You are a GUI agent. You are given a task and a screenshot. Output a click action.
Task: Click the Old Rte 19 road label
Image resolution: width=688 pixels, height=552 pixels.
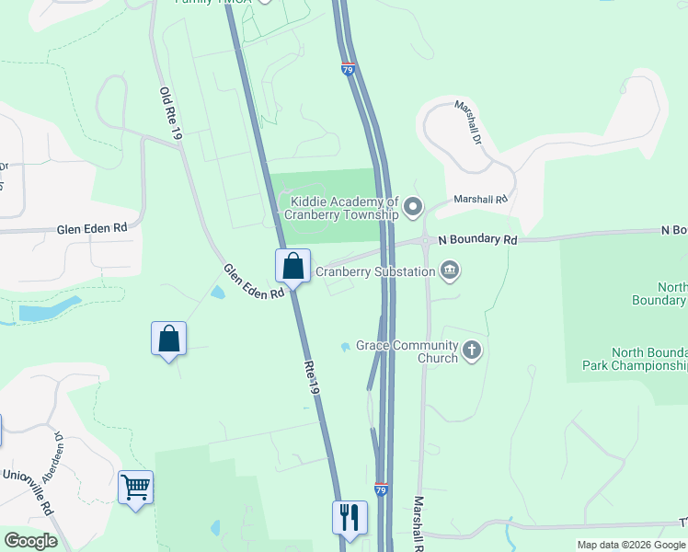(x=171, y=114)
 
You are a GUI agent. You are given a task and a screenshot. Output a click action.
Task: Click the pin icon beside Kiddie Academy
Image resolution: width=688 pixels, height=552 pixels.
(x=413, y=206)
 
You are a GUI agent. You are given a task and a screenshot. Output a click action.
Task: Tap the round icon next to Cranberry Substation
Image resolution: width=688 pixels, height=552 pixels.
(x=450, y=270)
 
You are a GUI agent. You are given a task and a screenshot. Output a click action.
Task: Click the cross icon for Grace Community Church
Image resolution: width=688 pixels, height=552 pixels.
(x=472, y=350)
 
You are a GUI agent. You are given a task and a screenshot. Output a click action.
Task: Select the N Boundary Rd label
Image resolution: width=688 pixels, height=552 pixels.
(x=478, y=239)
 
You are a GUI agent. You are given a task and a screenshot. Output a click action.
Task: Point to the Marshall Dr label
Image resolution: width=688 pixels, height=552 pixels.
(x=468, y=122)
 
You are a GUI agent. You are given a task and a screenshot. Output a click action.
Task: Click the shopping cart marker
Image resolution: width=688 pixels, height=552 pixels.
(x=135, y=487)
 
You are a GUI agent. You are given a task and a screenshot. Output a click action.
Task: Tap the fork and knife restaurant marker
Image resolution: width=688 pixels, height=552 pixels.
(x=350, y=517)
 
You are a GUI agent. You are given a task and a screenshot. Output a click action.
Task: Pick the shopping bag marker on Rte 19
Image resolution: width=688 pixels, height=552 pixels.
(x=292, y=267)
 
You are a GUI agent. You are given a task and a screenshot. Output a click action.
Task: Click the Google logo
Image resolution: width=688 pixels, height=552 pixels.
(x=30, y=541)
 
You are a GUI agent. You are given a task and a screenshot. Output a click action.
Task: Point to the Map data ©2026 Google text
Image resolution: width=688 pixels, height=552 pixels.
(x=631, y=545)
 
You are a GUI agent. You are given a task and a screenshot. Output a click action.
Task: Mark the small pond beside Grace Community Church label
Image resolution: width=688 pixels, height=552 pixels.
(x=344, y=347)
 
